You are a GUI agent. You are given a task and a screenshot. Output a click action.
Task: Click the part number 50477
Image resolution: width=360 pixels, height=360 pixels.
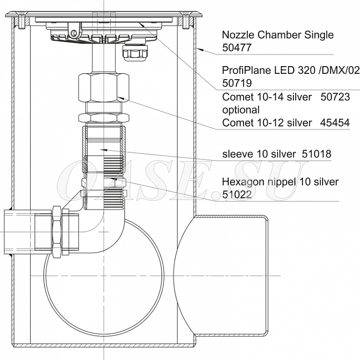pyautogui.click(x=237, y=47)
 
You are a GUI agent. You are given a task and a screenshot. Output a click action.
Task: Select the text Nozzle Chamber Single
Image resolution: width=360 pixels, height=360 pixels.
pyautogui.click(x=278, y=35)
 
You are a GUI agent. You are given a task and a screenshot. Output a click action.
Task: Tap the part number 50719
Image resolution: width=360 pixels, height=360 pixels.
pyautogui.click(x=237, y=83)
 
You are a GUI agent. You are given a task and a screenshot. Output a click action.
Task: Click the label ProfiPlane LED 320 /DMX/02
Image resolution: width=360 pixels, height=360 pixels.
pyautogui.click(x=291, y=70)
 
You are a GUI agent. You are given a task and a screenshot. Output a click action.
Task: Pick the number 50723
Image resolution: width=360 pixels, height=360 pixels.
pyautogui.click(x=335, y=97)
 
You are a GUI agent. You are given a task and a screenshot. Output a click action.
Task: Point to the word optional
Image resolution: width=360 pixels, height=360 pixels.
pyautogui.click(x=241, y=110)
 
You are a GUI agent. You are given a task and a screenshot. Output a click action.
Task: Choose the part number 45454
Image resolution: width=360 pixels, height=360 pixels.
pyautogui.click(x=335, y=123)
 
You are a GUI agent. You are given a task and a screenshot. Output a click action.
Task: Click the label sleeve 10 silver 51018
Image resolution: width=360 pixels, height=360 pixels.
pyautogui.click(x=277, y=154)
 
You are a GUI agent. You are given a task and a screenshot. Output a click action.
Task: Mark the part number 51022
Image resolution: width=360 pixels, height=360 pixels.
pyautogui.click(x=237, y=195)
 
